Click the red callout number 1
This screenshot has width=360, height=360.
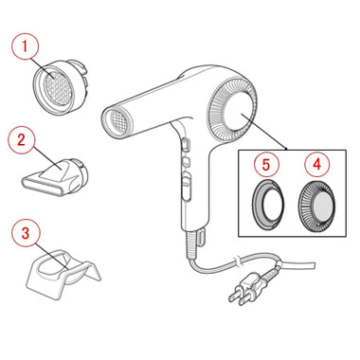(25, 46)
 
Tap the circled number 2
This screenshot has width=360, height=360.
(21, 140)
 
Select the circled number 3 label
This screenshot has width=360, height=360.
(26, 233)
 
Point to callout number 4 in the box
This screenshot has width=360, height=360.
(316, 164)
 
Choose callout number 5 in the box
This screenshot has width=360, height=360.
(266, 164)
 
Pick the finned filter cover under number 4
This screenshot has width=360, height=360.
(316, 207)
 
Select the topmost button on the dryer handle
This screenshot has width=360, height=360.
(186, 144)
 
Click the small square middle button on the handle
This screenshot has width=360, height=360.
(186, 161)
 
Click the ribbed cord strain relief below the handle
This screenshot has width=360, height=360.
(192, 244)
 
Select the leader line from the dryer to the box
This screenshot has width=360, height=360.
(264, 132)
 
